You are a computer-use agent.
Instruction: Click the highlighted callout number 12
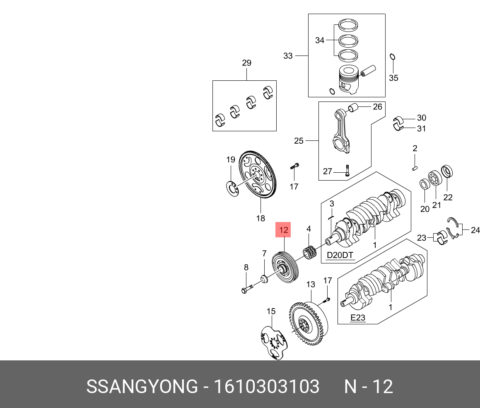click(x=284, y=230)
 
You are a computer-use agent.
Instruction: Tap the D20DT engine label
click(x=340, y=255)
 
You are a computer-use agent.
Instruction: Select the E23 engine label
click(x=358, y=318)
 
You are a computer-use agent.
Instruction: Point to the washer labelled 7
click(x=264, y=278)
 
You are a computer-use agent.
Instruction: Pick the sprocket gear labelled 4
click(x=310, y=253)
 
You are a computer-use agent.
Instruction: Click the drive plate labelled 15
click(x=274, y=342)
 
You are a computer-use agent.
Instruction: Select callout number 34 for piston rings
click(x=320, y=41)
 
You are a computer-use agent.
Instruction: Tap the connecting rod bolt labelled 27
click(x=347, y=170)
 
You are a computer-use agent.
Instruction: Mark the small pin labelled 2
click(x=415, y=168)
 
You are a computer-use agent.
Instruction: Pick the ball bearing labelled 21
click(x=435, y=179)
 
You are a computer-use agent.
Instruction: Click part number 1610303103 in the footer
click(x=266, y=387)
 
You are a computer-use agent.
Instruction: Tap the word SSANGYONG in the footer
click(x=142, y=387)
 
